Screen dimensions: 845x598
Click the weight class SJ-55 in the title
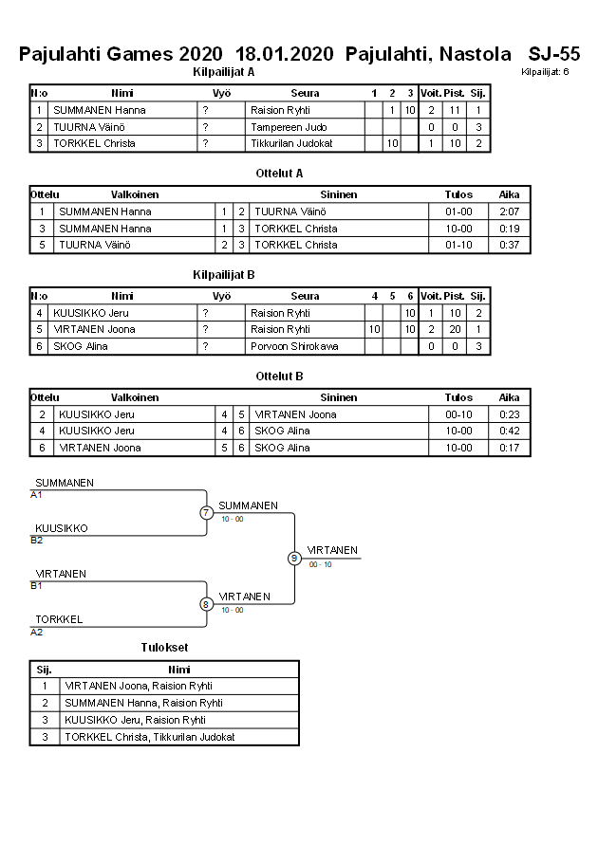tap(554, 54)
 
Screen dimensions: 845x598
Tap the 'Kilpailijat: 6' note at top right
tap(545, 72)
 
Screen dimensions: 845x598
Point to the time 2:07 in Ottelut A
tap(509, 211)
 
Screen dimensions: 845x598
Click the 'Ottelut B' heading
tap(279, 377)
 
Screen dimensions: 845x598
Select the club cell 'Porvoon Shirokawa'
tap(294, 346)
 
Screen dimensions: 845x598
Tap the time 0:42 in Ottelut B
tap(509, 431)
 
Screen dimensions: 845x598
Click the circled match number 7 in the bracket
tap(206, 513)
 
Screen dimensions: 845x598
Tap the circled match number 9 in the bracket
tap(294, 558)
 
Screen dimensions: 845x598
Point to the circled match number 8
tap(206, 603)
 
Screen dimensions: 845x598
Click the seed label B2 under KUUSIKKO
tap(37, 541)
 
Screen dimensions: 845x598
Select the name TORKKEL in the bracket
tap(59, 619)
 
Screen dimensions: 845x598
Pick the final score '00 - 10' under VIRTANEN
tap(320, 564)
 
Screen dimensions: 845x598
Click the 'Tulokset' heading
tap(164, 648)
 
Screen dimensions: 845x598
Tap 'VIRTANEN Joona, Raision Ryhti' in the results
tap(138, 686)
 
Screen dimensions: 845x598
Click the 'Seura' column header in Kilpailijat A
tap(305, 93)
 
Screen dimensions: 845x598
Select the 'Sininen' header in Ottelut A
tap(338, 194)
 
